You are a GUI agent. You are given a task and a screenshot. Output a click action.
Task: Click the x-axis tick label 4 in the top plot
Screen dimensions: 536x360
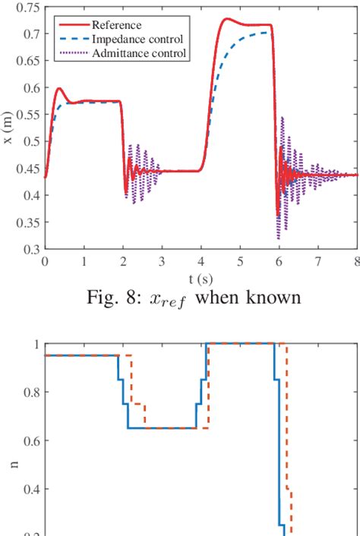pyautogui.click(x=201, y=260)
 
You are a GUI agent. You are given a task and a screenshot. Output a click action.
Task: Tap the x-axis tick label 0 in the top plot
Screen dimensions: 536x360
pyautogui.click(x=46, y=260)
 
